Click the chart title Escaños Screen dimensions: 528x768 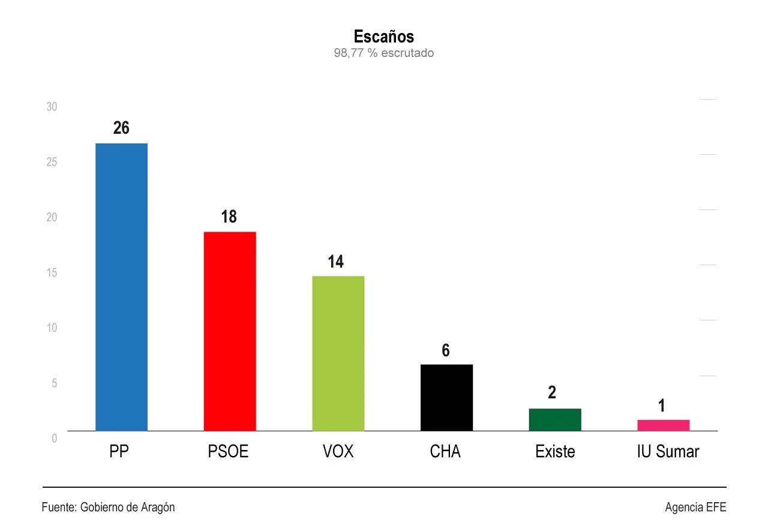click(x=383, y=37)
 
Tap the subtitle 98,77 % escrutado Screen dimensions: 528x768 click(x=383, y=53)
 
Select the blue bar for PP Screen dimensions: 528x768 click(x=121, y=287)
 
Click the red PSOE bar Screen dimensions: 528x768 click(x=230, y=331)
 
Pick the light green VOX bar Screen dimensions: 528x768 click(x=338, y=353)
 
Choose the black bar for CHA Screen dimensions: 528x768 click(x=446, y=397)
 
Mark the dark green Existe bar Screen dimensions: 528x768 click(x=554, y=419)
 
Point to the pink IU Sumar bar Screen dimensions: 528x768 click(x=663, y=425)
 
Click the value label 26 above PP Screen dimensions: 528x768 click(x=121, y=128)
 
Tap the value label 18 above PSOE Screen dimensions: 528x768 click(x=229, y=217)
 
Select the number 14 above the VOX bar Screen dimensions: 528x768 click(x=335, y=262)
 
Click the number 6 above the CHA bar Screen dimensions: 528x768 click(x=446, y=350)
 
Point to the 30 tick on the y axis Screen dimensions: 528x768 click(x=52, y=107)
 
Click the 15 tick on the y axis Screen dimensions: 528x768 click(x=52, y=272)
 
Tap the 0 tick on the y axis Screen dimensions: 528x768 click(x=54, y=438)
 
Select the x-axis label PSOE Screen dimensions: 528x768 click(x=228, y=451)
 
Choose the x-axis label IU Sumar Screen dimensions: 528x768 click(x=668, y=451)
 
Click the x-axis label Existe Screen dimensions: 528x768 click(x=555, y=451)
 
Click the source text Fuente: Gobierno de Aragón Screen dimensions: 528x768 click(x=108, y=507)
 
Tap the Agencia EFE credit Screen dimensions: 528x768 click(x=695, y=507)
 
